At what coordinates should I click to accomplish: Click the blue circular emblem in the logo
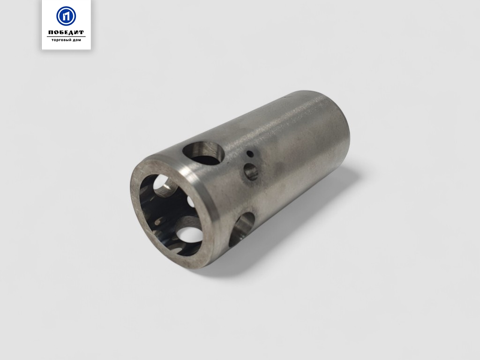(66, 16)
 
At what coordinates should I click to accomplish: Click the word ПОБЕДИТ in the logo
(66, 32)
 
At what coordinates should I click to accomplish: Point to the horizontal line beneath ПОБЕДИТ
(66, 37)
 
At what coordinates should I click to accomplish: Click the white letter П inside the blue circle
(66, 16)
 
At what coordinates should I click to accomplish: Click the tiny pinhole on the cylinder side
(250, 153)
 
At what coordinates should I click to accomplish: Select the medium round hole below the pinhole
(251, 172)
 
